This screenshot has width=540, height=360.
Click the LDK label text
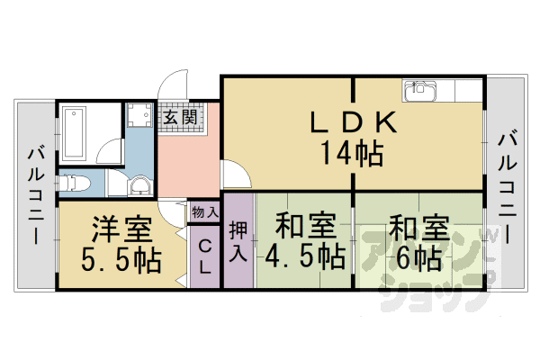(x=353, y=121)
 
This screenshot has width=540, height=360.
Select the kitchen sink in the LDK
(x=419, y=91)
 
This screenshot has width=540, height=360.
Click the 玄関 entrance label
(x=180, y=117)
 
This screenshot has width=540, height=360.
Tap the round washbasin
(x=139, y=185)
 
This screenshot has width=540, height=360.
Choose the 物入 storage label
(x=204, y=212)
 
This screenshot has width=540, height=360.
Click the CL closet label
(x=205, y=256)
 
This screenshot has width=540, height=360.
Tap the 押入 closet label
(x=238, y=241)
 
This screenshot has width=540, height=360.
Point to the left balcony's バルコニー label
(x=36, y=195)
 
